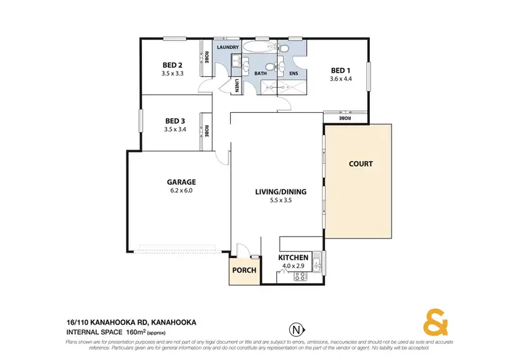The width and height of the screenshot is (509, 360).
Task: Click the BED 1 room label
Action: tap(340, 70)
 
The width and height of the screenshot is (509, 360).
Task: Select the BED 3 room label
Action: tap(174, 121)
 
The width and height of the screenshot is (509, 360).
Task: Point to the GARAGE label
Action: tap(181, 181)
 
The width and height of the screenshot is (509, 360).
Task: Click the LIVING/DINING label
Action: tap(280, 192)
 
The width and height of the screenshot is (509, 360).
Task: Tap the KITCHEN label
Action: tap(294, 258)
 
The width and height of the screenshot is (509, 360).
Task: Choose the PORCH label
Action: tap(244, 270)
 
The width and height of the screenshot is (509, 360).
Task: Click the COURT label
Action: tap(360, 164)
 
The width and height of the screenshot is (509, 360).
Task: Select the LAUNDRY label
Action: tap(227, 48)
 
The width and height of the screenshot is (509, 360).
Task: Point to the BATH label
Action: tap(260, 73)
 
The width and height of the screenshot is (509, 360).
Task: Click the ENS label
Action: tap(295, 73)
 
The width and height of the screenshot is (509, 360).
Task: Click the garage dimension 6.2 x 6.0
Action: tap(181, 191)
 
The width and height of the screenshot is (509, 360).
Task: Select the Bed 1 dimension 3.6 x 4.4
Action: tap(340, 79)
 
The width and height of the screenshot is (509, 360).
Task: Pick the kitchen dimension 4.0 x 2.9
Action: tap(294, 266)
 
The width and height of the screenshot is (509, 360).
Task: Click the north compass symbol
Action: tap(295, 329)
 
